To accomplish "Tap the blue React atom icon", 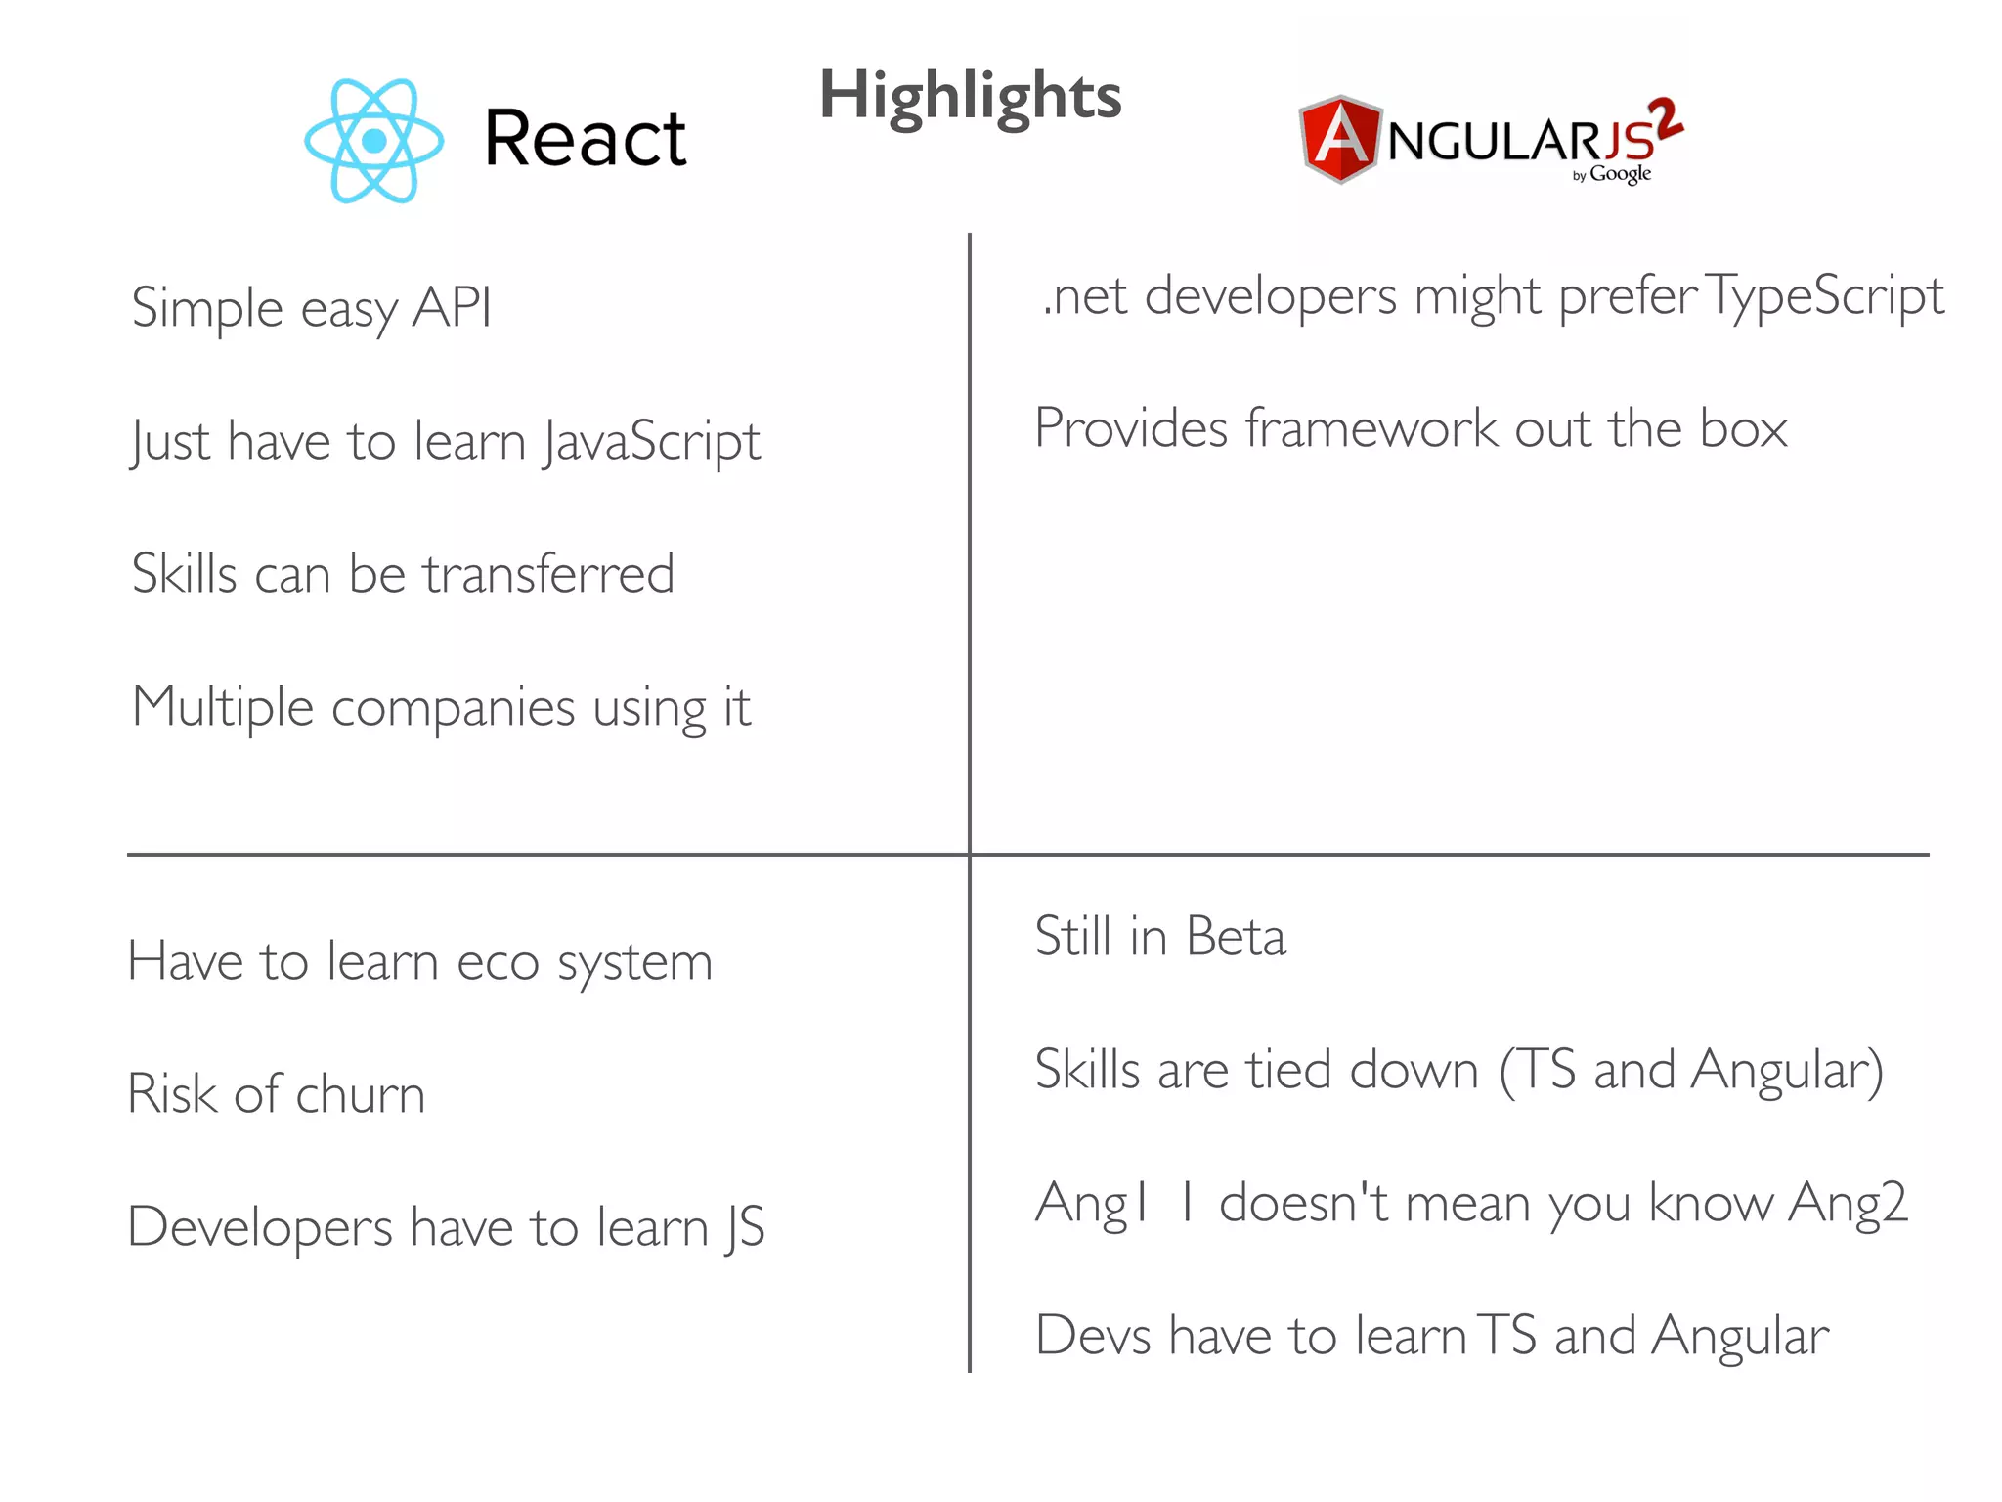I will [x=373, y=142].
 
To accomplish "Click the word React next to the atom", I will [x=585, y=139].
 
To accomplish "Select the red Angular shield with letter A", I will [x=1339, y=139].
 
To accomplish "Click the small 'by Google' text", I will [x=1612, y=175].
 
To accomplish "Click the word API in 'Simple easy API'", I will [x=452, y=308].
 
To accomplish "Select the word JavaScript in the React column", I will [x=652, y=442].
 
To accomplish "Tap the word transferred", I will [x=548, y=574].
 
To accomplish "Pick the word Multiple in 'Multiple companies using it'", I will [x=223, y=707].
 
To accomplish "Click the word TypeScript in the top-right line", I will [x=1824, y=296].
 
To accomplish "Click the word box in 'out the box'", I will [x=1743, y=428].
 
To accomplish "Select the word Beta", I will [x=1236, y=937].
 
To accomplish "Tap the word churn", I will [x=360, y=1094].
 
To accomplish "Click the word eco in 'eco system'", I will [x=498, y=962].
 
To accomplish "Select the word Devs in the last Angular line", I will [x=1093, y=1336].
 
